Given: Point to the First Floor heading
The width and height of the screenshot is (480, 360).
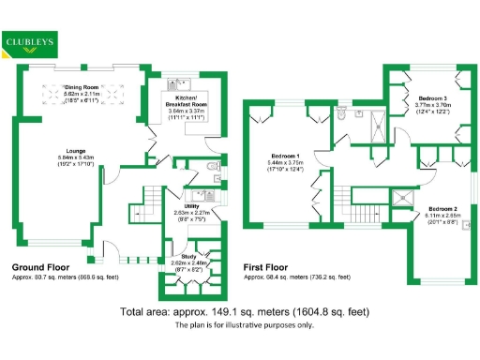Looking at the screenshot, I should coord(269,267).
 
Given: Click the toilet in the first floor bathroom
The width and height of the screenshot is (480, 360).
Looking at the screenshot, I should coord(343,113).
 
